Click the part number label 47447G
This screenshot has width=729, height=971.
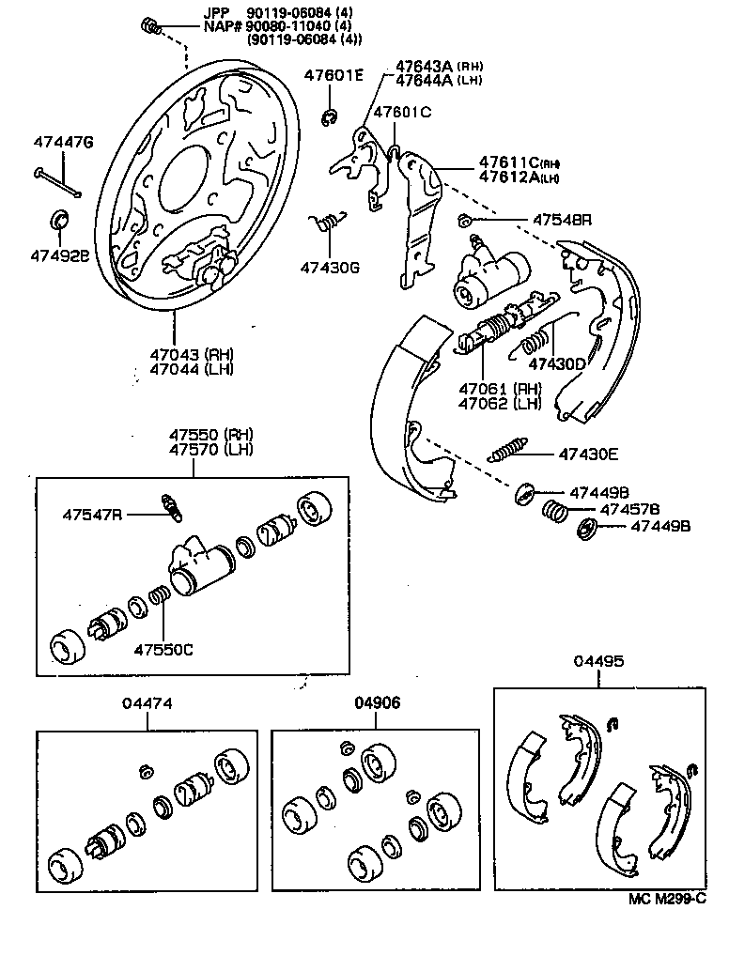click(x=63, y=143)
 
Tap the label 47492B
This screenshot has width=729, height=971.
click(x=58, y=254)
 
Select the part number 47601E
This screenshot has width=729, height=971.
click(x=333, y=75)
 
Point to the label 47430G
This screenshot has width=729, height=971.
click(x=331, y=267)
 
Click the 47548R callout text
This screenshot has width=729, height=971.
click(x=562, y=220)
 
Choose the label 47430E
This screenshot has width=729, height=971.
click(x=588, y=455)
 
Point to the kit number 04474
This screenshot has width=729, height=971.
click(x=147, y=703)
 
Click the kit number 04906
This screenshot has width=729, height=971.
click(x=378, y=703)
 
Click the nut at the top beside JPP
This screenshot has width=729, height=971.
click(x=150, y=24)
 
